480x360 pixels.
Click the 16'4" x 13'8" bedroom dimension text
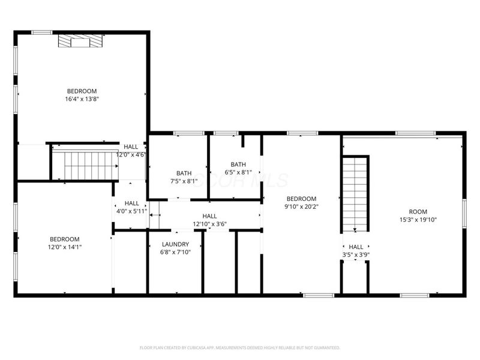[82, 99]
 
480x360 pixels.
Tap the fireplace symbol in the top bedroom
[80, 41]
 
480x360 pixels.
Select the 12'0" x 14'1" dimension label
[64, 247]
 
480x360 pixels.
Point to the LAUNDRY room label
[175, 244]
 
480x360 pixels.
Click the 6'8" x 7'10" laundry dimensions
[175, 252]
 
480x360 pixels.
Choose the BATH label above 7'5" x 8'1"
[184, 173]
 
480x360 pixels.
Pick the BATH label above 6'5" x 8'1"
[238, 164]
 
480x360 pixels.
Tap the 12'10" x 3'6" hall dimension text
[209, 224]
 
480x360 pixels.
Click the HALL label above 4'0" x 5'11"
[131, 203]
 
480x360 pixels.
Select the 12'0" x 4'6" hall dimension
[131, 154]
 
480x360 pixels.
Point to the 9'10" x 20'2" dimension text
[301, 207]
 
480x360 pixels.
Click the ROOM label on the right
[418, 211]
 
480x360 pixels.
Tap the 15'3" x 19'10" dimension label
[418, 220]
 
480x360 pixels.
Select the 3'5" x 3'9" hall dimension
[356, 254]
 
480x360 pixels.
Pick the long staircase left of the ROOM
[355, 192]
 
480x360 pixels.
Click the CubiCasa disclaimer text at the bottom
[240, 347]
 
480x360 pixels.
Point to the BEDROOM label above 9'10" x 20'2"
[301, 199]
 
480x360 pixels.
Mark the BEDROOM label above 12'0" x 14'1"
[64, 239]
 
